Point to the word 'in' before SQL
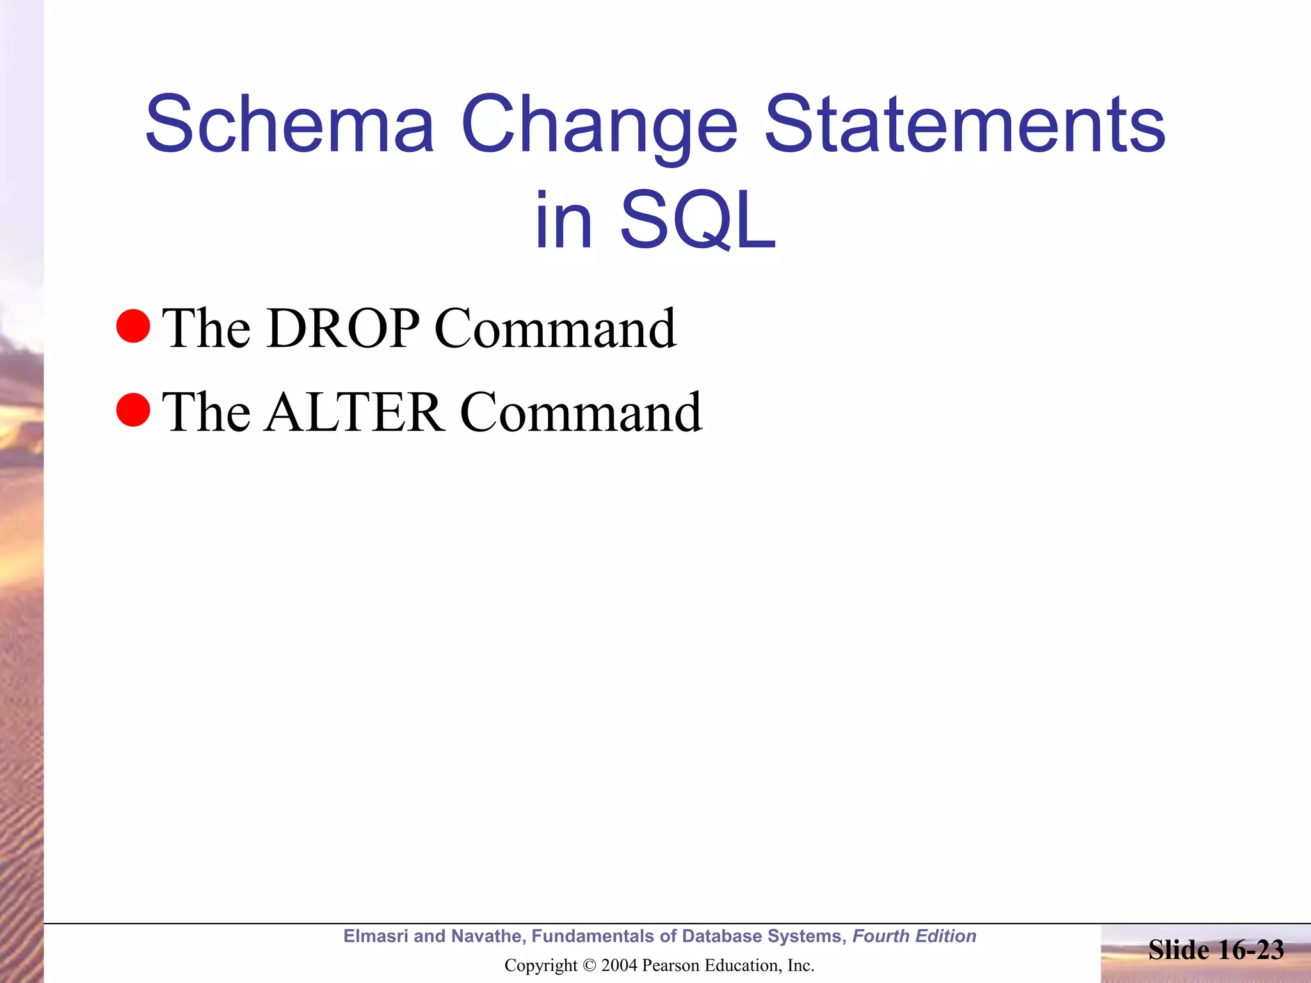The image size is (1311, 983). pos(563,221)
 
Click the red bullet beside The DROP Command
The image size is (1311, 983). pos(133,326)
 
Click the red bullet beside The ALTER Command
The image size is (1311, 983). pos(133,410)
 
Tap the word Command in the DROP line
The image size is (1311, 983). pos(555,328)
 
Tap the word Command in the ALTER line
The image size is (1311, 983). pos(581,413)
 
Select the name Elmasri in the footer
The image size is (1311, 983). pos(375,936)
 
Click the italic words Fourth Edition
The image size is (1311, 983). pos(914,936)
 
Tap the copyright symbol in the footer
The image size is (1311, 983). pos(590,966)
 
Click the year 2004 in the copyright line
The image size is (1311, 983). pos(618,966)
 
